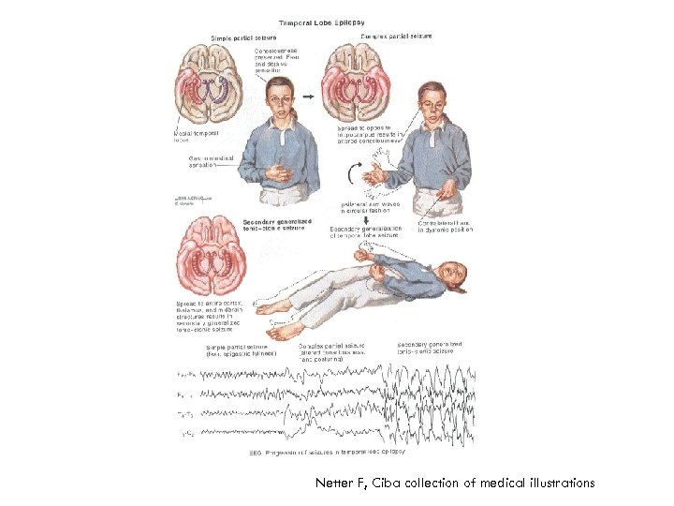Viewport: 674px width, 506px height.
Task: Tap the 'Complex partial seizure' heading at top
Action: point(395,36)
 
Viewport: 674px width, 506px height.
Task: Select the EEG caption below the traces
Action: point(327,451)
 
